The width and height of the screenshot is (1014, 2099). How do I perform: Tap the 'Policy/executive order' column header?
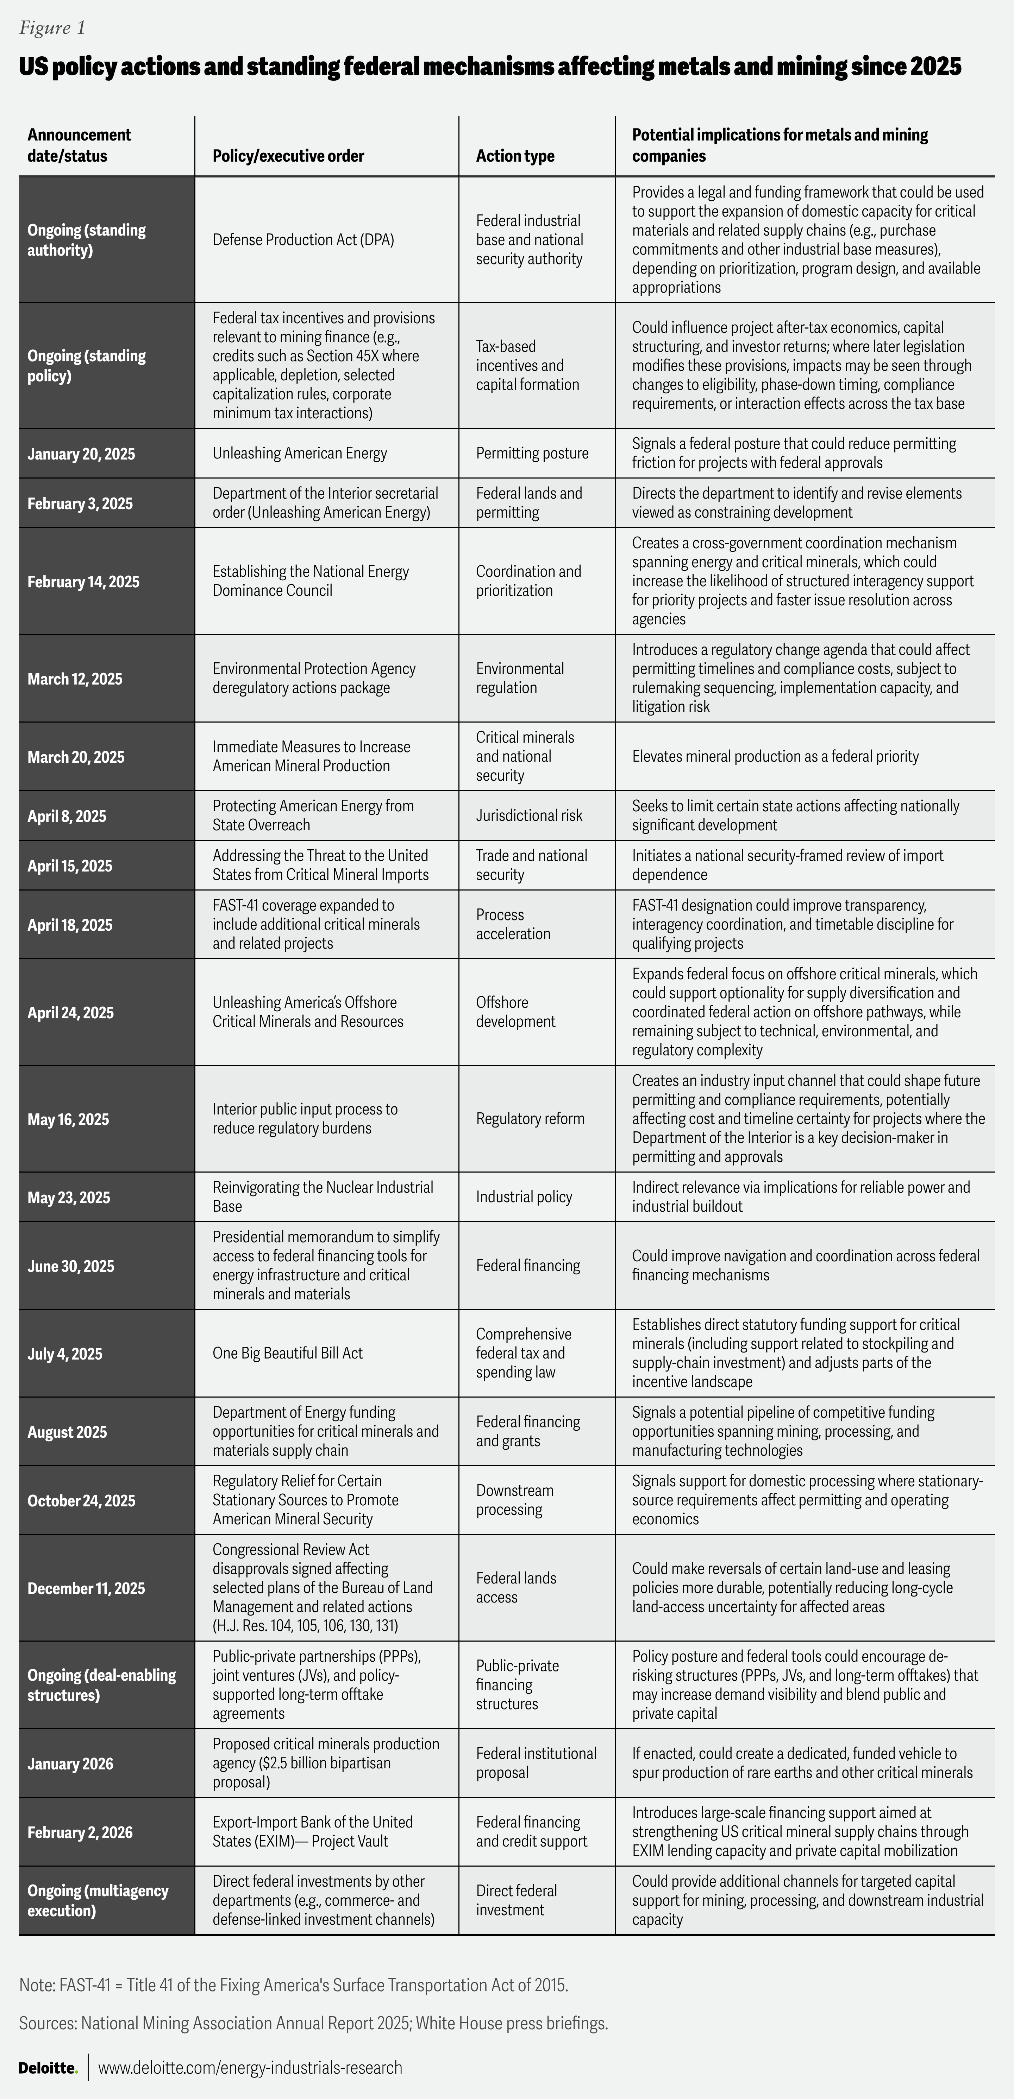[x=288, y=156]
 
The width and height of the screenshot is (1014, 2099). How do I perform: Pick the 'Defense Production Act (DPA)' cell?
[x=303, y=239]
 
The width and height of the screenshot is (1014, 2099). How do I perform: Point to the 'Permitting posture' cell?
[x=532, y=453]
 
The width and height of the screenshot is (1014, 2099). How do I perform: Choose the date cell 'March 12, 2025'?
[x=75, y=679]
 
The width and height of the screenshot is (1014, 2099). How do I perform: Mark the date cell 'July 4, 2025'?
[x=65, y=1354]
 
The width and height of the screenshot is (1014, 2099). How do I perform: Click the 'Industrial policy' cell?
[x=524, y=1197]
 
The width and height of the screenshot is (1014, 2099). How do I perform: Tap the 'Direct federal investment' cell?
[x=517, y=1900]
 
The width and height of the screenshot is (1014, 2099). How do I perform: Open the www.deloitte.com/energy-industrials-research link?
[x=250, y=2067]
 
